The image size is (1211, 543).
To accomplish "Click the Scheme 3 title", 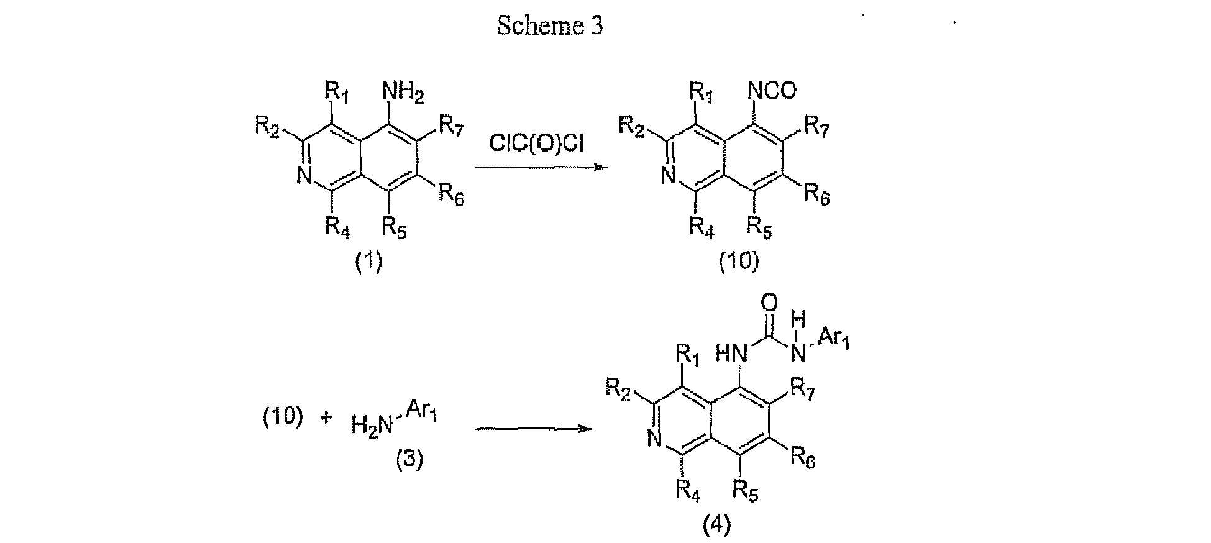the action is click(x=550, y=25).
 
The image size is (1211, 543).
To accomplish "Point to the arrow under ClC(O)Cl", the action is click(x=541, y=168).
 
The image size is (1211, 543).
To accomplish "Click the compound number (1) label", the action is click(x=368, y=262).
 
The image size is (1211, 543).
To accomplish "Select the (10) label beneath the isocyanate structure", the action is click(x=739, y=262).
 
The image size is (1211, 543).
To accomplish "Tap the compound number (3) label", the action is click(x=410, y=460).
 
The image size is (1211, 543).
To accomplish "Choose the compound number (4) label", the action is click(x=716, y=526).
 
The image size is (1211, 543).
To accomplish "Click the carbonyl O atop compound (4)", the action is click(x=769, y=303).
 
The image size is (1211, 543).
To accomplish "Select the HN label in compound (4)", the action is click(x=731, y=354).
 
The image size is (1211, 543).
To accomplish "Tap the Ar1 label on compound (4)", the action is click(x=833, y=340).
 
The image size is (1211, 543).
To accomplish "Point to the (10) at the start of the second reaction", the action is click(x=282, y=418).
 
